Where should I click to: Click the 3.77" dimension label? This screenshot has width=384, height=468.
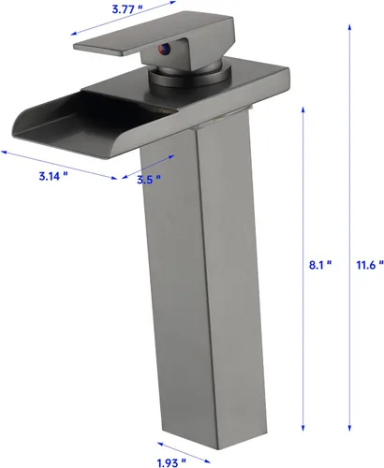pyautogui.click(x=125, y=9)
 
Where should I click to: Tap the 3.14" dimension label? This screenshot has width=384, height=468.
pyautogui.click(x=53, y=176)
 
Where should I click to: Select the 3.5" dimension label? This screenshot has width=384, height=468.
pyautogui.click(x=149, y=179)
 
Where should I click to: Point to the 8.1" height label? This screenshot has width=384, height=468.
pyautogui.click(x=320, y=265)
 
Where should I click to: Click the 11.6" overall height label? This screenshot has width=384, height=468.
pyautogui.click(x=370, y=265)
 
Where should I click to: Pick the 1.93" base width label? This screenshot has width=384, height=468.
pyautogui.click(x=171, y=462)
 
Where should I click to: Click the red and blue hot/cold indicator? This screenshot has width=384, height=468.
pyautogui.click(x=164, y=49)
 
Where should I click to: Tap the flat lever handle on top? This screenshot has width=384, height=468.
pyautogui.click(x=154, y=36)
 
